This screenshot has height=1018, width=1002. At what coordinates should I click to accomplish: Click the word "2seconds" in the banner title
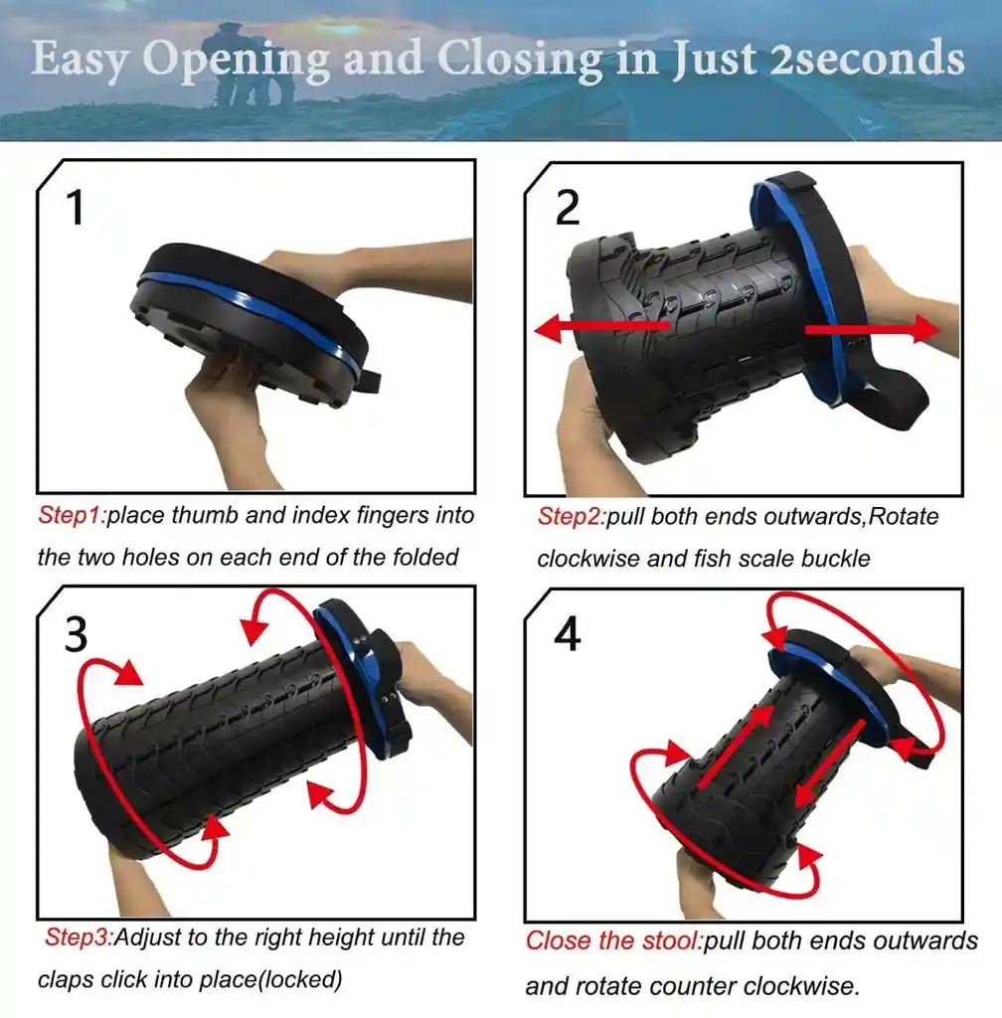point(867,58)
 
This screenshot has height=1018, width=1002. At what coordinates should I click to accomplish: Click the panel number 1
point(76,208)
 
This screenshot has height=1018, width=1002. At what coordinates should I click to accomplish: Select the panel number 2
point(568,208)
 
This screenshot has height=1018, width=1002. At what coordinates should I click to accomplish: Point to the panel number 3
point(76,633)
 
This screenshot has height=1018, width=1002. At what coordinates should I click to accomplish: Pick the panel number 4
point(568,633)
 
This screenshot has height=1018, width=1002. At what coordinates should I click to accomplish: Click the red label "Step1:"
point(72,516)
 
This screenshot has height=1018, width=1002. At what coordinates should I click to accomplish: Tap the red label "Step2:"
point(572,517)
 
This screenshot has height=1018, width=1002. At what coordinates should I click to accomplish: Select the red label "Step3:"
point(80,937)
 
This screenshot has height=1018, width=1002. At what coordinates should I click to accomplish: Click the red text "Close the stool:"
point(614,940)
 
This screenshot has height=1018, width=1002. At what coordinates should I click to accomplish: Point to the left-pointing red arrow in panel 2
point(601,328)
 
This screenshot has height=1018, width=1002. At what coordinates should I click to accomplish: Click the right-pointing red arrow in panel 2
point(872,330)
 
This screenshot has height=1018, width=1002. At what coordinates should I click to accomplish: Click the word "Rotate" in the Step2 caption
point(904,517)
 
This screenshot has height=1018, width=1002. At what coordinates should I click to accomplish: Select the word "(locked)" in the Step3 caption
point(300,979)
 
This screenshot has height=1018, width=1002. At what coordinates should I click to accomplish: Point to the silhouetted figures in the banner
point(248,65)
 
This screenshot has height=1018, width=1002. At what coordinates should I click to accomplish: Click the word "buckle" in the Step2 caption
point(836,559)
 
